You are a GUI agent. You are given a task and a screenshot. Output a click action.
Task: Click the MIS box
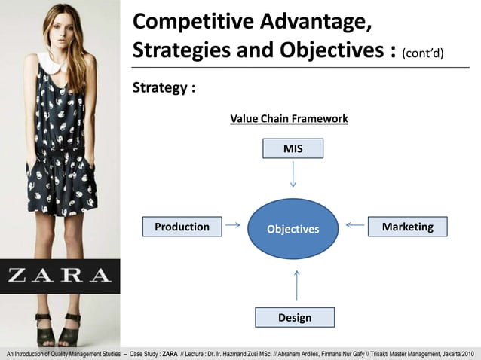[293, 149]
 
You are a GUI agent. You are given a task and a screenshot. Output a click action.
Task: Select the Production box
[182, 227]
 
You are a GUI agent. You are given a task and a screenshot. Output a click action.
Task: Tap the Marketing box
[407, 227]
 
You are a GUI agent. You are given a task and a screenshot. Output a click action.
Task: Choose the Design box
[294, 318]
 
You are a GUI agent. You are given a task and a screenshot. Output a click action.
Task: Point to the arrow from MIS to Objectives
[293, 176]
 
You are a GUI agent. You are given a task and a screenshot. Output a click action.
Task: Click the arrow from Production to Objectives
[233, 224]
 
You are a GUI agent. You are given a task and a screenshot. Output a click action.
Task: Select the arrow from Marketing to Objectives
[354, 224]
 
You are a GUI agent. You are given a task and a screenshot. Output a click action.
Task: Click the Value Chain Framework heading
[289, 119]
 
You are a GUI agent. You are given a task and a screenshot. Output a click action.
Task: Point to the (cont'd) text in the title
[423, 53]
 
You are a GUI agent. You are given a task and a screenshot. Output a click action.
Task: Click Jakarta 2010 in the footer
[455, 353]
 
